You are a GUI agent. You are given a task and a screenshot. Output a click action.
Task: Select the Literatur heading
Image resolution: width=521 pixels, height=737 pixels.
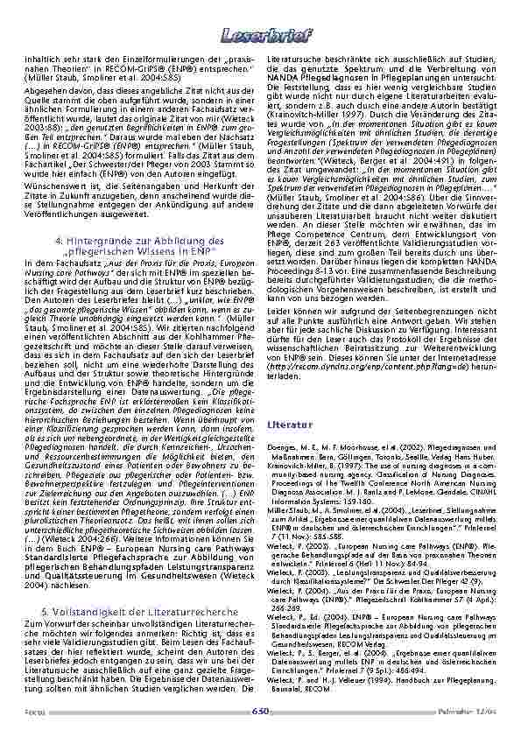pos(283,424)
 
